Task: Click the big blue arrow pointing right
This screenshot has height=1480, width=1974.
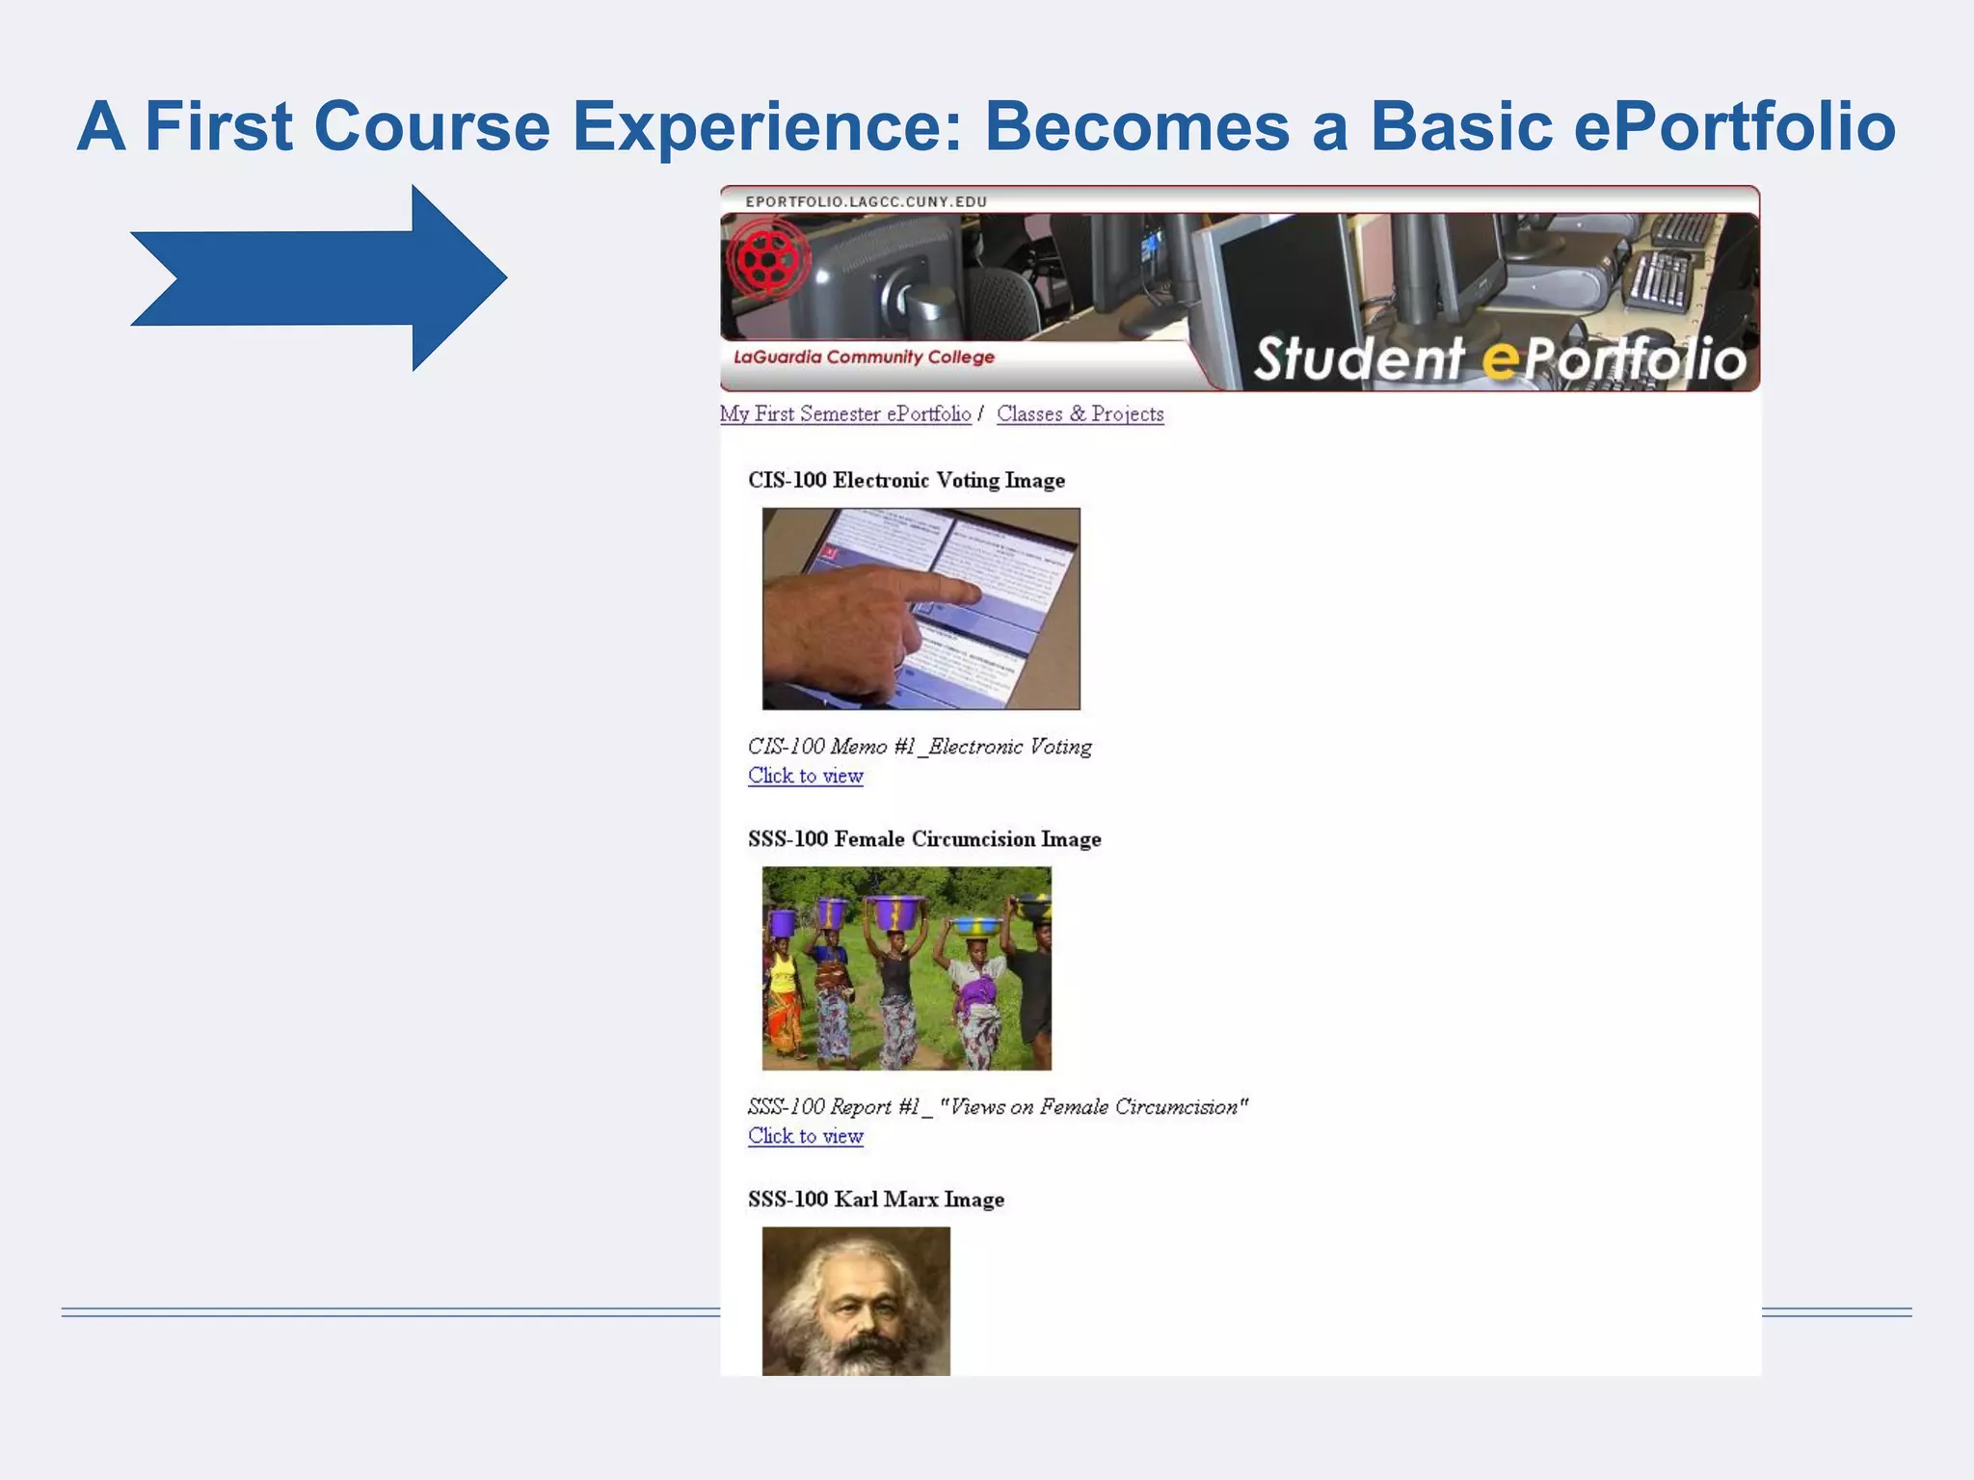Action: click(318, 277)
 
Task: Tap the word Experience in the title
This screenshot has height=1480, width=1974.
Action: click(766, 126)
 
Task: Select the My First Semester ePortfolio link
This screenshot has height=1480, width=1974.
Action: click(845, 414)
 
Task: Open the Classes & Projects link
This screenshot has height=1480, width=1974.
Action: click(1080, 414)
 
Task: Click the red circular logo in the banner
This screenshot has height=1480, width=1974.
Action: click(767, 258)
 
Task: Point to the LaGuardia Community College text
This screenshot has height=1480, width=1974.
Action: click(864, 357)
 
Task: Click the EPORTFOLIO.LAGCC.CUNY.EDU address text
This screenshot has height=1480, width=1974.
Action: click(866, 201)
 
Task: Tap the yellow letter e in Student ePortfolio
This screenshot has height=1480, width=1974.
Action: click(1499, 360)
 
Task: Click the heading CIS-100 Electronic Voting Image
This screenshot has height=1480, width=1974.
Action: click(906, 480)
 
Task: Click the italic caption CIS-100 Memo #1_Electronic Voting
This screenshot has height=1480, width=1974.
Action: click(920, 747)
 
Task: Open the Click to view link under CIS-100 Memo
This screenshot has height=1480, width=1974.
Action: click(805, 777)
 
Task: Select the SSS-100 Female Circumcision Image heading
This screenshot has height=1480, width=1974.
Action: click(923, 839)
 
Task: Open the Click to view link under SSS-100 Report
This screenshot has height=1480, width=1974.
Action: click(805, 1137)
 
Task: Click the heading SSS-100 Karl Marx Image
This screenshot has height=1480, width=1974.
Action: click(875, 1200)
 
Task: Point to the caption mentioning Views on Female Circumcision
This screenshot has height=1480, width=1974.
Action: click(998, 1107)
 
